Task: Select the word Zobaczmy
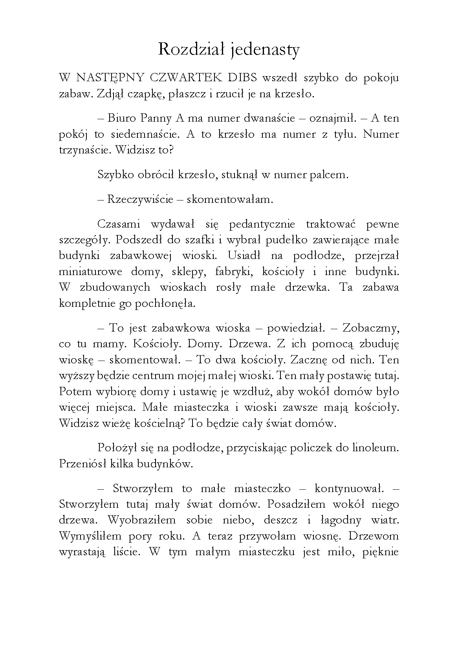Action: coord(371,328)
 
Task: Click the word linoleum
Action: coord(376,448)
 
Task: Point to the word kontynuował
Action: coord(349,489)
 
